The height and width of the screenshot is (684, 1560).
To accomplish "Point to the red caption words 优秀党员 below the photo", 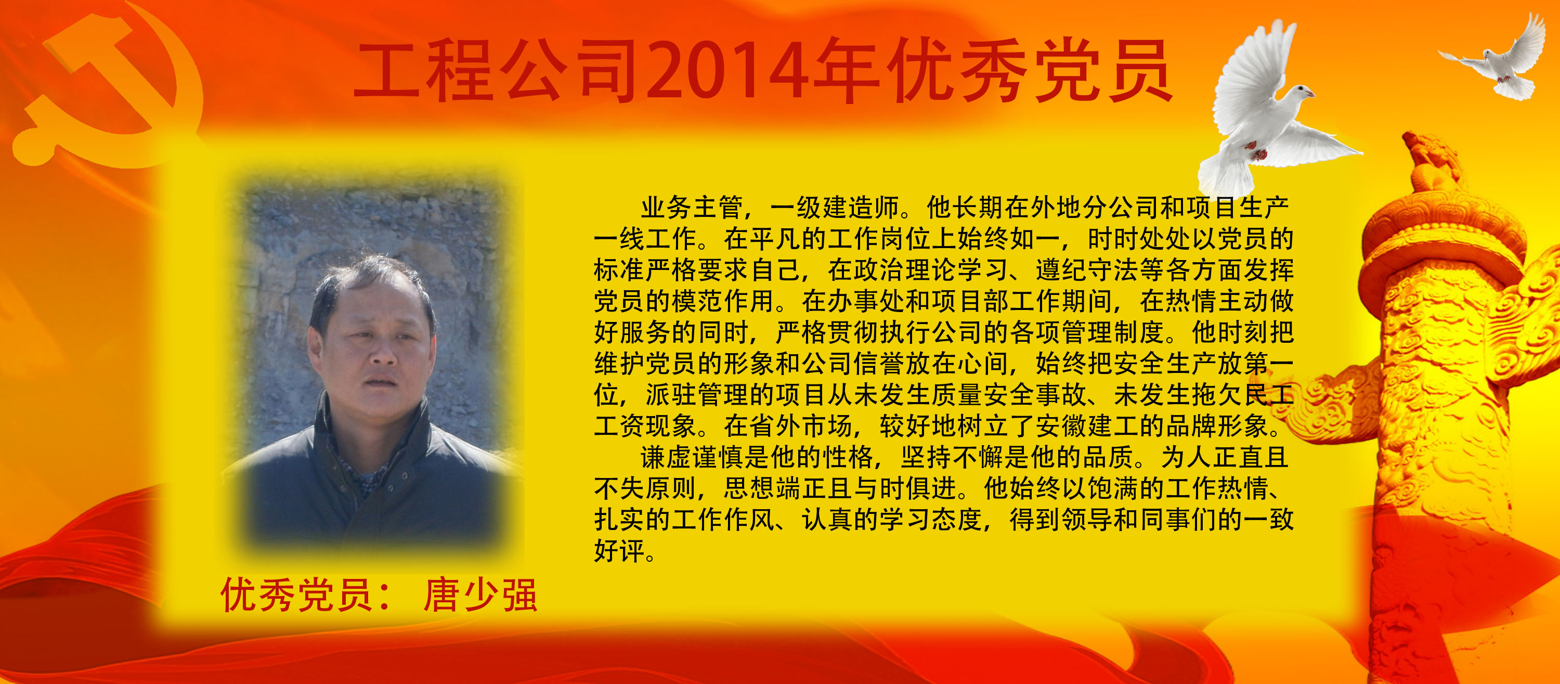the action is coord(296,595).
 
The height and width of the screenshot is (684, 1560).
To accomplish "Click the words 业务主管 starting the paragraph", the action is coord(692,208).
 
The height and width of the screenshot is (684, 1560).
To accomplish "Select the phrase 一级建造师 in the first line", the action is coord(835,208).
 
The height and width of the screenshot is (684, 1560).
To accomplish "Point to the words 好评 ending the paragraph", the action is coord(619,551).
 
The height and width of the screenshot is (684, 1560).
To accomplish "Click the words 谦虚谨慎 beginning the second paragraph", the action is coord(692,457).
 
